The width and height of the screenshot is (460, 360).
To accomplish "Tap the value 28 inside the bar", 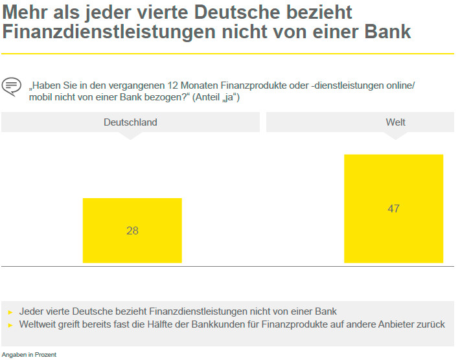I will pos(132,231).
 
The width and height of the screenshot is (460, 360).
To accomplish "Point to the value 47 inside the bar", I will pos(393,208).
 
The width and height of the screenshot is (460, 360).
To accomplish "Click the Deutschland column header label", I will pos(130,122).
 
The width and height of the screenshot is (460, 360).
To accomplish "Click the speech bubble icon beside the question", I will pos(11,86).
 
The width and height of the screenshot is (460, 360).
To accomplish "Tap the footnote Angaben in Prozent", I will pos(29,354).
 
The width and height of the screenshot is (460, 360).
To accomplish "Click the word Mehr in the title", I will pos(24,12).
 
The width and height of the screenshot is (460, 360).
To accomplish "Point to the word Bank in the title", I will pos(389,31).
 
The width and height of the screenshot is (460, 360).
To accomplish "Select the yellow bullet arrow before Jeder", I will pos(10,312).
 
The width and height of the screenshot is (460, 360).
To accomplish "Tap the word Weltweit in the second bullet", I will pos(40,324).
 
